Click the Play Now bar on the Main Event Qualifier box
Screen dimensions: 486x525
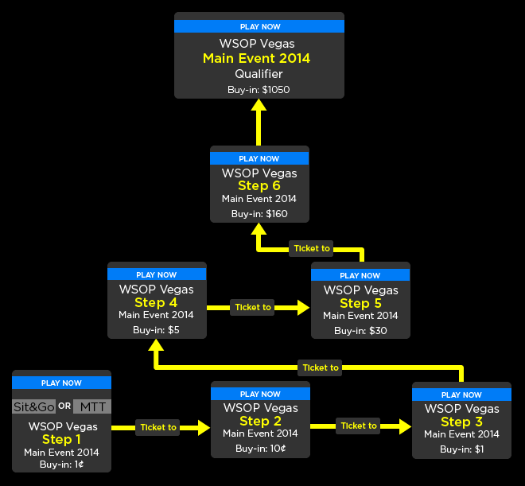tap(259, 26)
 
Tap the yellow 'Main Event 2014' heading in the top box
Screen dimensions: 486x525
tap(256, 58)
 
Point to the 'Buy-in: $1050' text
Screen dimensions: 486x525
tap(259, 90)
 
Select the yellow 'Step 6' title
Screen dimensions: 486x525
tap(259, 186)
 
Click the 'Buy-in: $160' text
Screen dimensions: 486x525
tap(259, 214)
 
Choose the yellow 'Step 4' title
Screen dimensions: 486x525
tap(156, 302)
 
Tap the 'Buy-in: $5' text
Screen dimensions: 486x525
tap(156, 330)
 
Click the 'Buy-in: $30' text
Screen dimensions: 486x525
tap(360, 331)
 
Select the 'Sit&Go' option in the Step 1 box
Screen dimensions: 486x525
tap(33, 406)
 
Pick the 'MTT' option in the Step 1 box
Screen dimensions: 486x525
tap(91, 406)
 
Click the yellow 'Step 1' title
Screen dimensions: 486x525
tap(61, 439)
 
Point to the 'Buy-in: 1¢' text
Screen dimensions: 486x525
tap(61, 465)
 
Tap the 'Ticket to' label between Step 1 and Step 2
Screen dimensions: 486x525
tap(158, 427)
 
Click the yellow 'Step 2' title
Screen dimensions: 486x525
tap(260, 421)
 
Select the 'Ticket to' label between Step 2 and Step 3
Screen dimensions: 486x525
tap(359, 426)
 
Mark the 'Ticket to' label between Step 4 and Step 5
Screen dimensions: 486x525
tap(253, 307)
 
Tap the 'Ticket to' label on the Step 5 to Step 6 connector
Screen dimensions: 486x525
tap(311, 248)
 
